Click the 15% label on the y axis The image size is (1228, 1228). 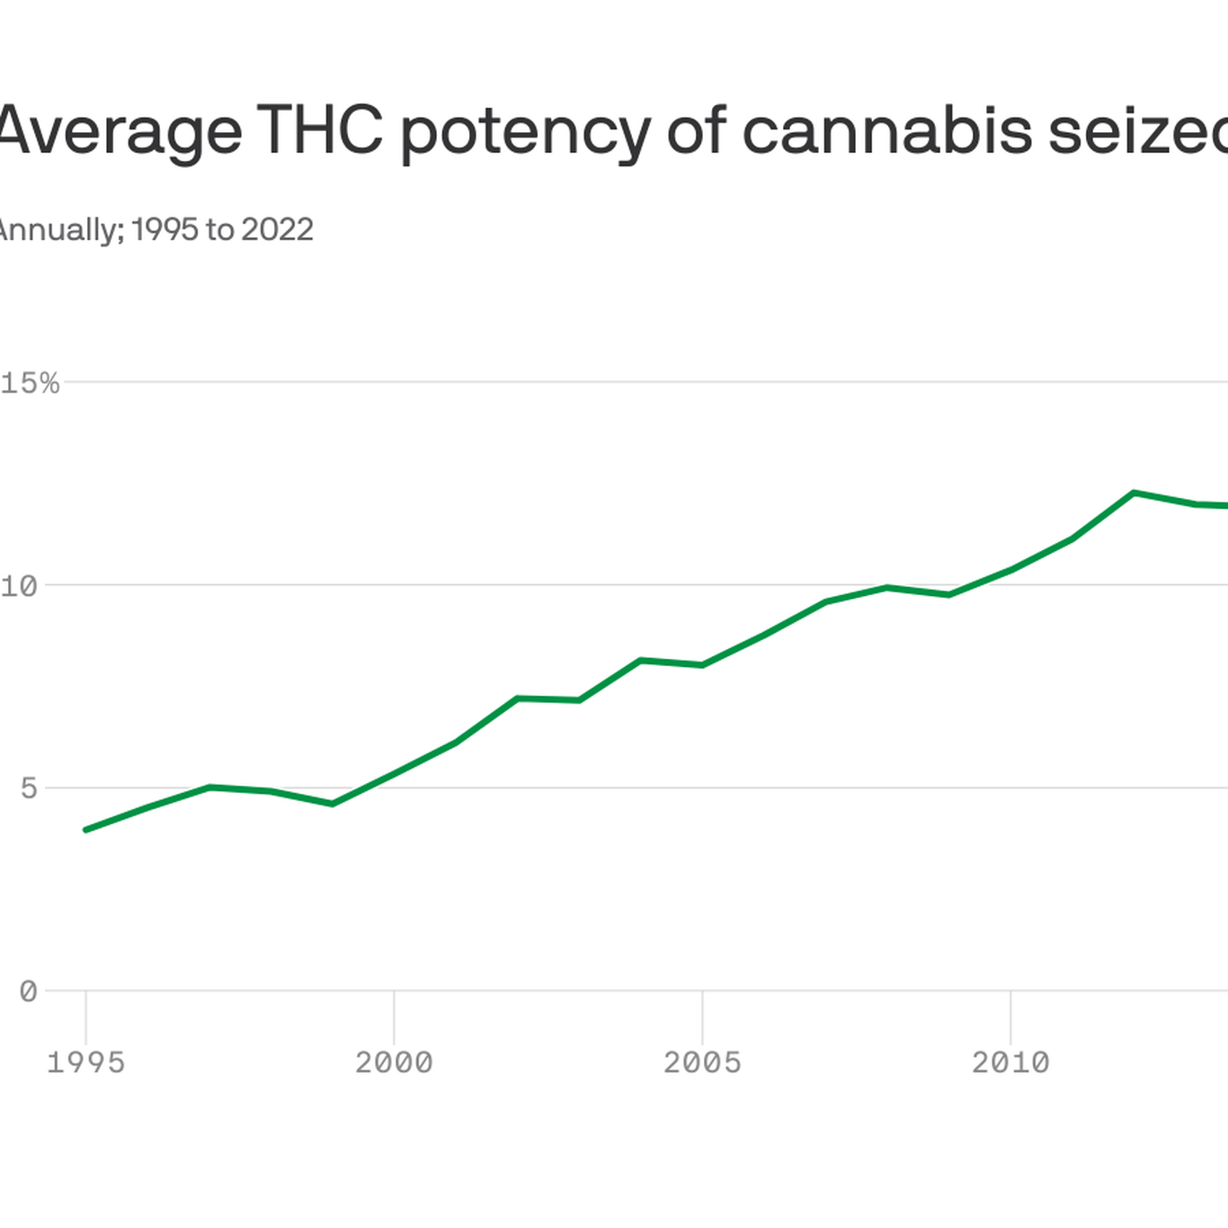pos(31,384)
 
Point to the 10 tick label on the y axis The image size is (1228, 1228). pos(20,586)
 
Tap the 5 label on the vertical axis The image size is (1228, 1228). pos(29,788)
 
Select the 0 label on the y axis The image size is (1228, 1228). pos(29,992)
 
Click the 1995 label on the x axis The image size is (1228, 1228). pos(85,1063)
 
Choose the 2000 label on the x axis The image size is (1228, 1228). pos(394,1063)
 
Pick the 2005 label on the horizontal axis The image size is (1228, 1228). pos(702,1063)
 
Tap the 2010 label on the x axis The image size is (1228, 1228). pos(1010,1063)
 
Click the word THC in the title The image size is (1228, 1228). pos(320,130)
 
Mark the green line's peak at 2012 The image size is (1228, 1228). pos(1134,493)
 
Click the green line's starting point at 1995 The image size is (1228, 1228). pos(85,830)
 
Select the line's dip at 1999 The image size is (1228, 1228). pos(333,804)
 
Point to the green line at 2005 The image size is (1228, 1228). pos(702,665)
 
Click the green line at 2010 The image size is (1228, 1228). pos(1010,570)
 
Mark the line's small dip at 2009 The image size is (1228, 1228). pos(948,595)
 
